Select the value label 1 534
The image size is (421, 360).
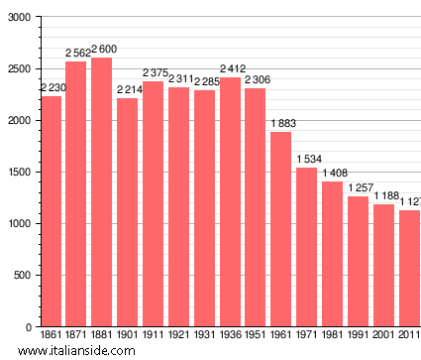pos(307,159)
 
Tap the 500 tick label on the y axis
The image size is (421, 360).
pos(21,276)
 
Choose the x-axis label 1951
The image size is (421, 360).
pos(256,335)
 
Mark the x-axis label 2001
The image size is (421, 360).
pos(384,335)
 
